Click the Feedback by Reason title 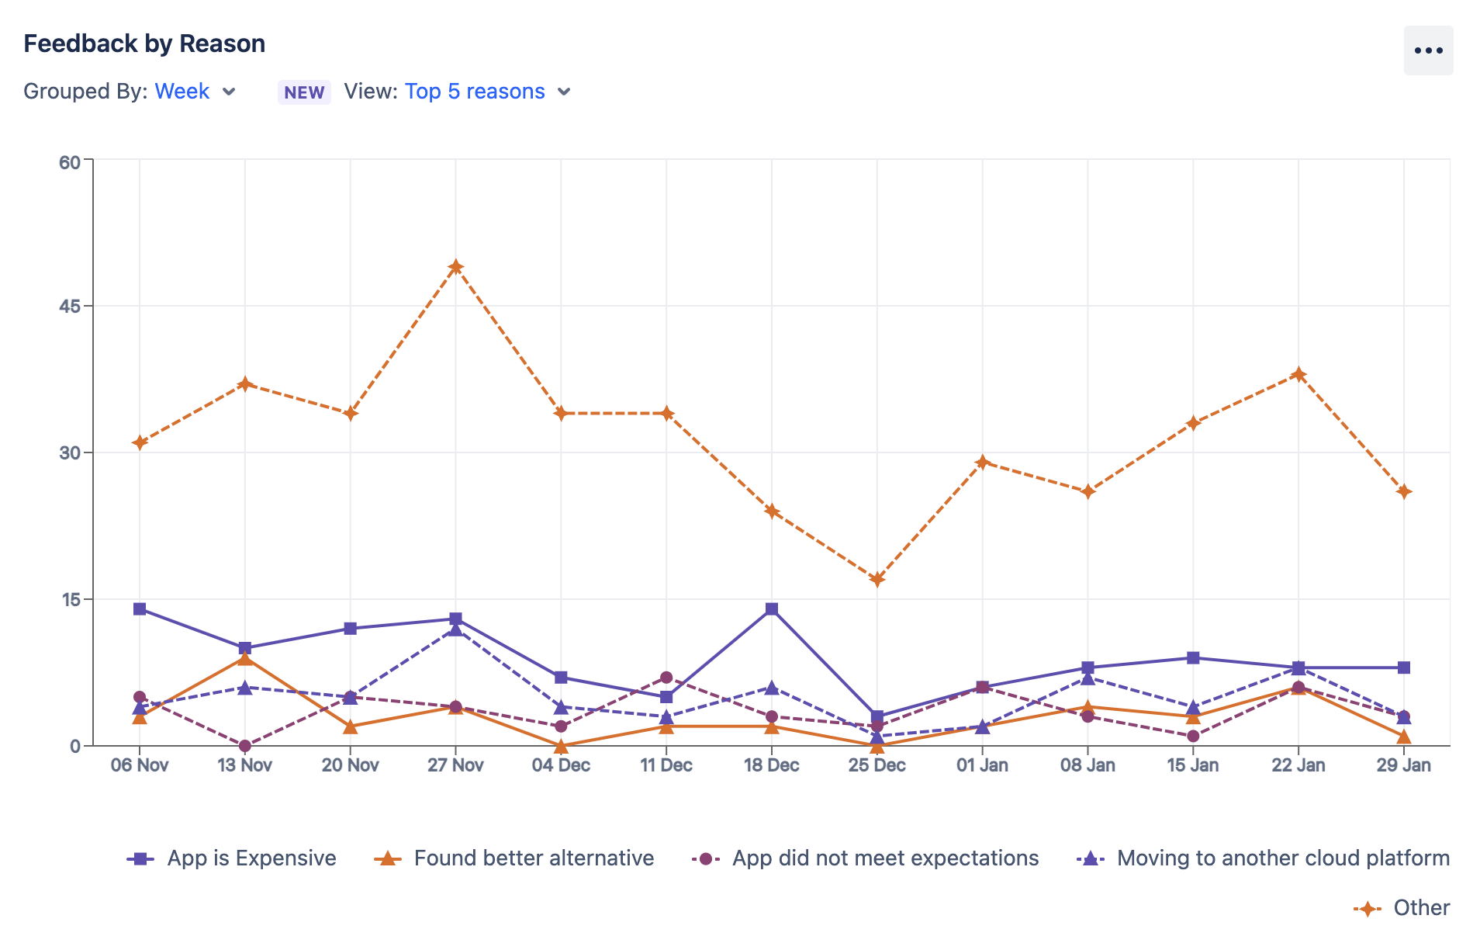144,43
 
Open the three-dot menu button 1427,50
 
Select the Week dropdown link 182,92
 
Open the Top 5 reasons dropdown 475,92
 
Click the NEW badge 304,92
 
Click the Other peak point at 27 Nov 455,267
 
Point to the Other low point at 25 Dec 877,580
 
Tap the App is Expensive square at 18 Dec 771,609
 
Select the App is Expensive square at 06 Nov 140,609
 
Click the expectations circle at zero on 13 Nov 245,746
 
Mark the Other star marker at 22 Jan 1298,374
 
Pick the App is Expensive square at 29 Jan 1403,667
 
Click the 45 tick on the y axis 70,307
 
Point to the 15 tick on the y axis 70,599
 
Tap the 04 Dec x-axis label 561,765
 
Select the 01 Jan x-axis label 982,765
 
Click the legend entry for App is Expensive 251,858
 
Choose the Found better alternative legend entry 533,858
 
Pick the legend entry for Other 1420,908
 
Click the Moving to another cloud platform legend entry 1282,858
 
